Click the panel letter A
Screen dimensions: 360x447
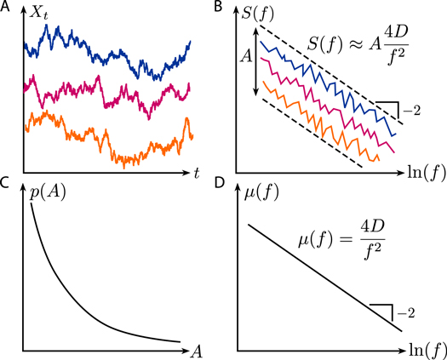6,9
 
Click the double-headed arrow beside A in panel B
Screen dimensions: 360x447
256,63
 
